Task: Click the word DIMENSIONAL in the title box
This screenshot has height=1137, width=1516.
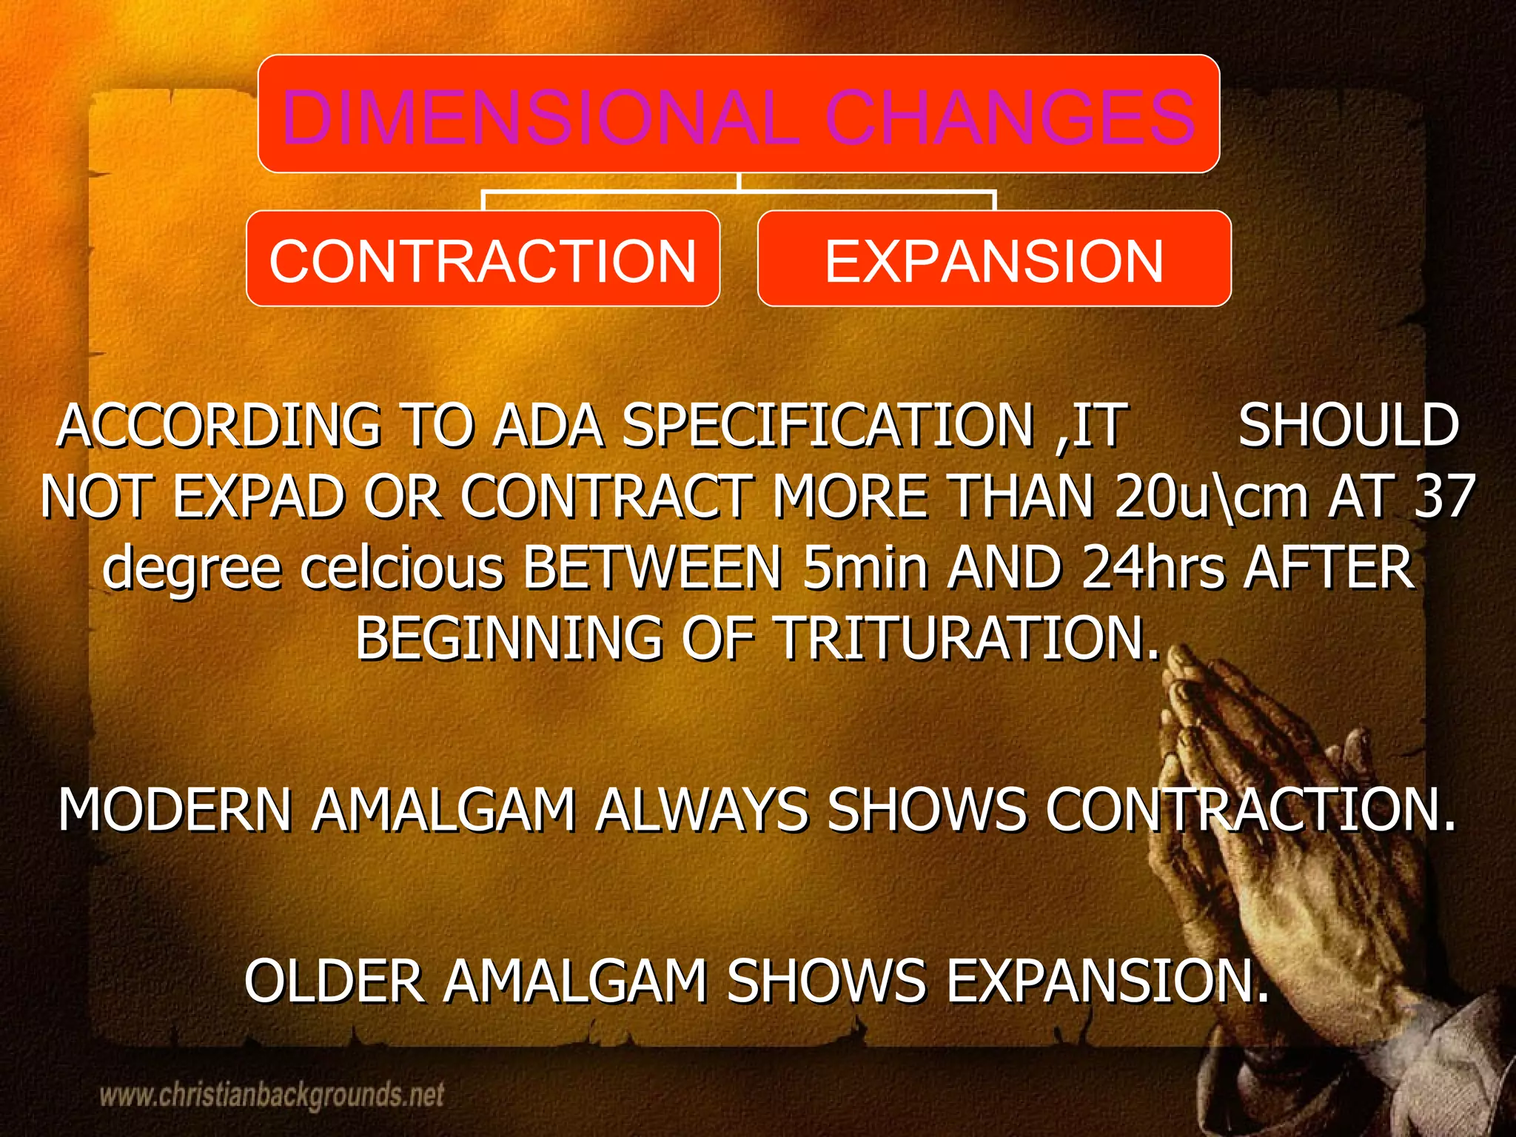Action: [540, 117]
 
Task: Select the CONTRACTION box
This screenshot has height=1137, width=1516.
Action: [483, 259]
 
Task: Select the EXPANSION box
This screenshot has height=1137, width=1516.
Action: [993, 259]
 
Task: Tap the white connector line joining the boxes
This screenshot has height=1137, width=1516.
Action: [739, 191]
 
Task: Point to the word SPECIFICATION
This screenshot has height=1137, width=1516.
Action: [828, 427]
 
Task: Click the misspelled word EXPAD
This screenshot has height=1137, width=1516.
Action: [258, 497]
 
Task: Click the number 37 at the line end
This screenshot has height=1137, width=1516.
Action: [1444, 497]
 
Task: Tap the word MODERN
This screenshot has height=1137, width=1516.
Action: [175, 811]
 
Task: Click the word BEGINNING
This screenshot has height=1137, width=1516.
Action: [509, 638]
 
